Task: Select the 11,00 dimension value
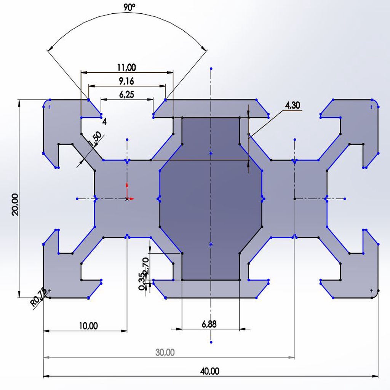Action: (x=126, y=67)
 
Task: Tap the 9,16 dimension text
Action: (x=126, y=81)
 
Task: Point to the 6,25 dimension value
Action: (x=126, y=95)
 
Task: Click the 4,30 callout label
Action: (x=292, y=106)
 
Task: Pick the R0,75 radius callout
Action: (x=38, y=297)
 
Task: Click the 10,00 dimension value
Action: (x=88, y=326)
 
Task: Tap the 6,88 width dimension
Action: (x=209, y=324)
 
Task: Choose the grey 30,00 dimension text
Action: (x=165, y=353)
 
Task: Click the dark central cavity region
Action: (x=211, y=198)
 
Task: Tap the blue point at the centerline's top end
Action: (x=211, y=69)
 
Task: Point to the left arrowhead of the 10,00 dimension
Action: (x=46, y=331)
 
